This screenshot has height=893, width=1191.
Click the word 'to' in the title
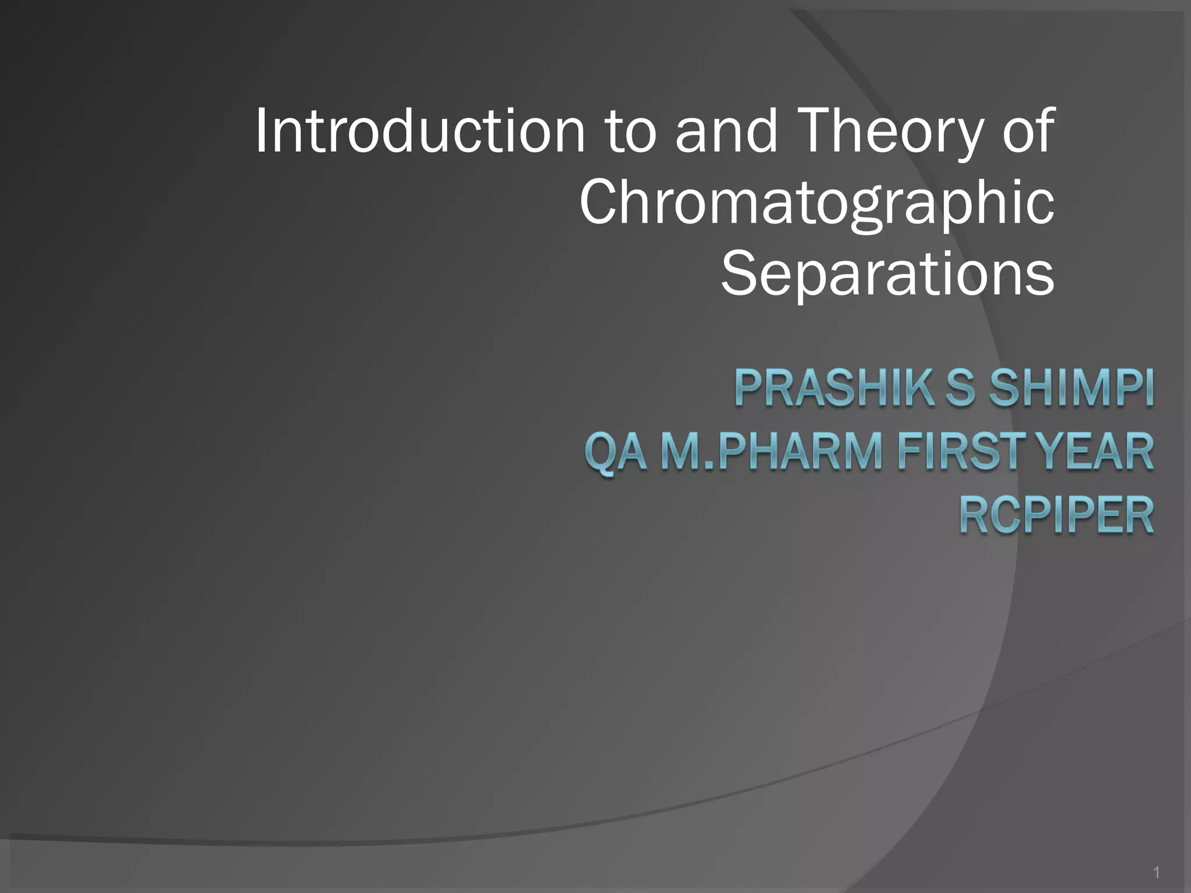click(630, 131)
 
